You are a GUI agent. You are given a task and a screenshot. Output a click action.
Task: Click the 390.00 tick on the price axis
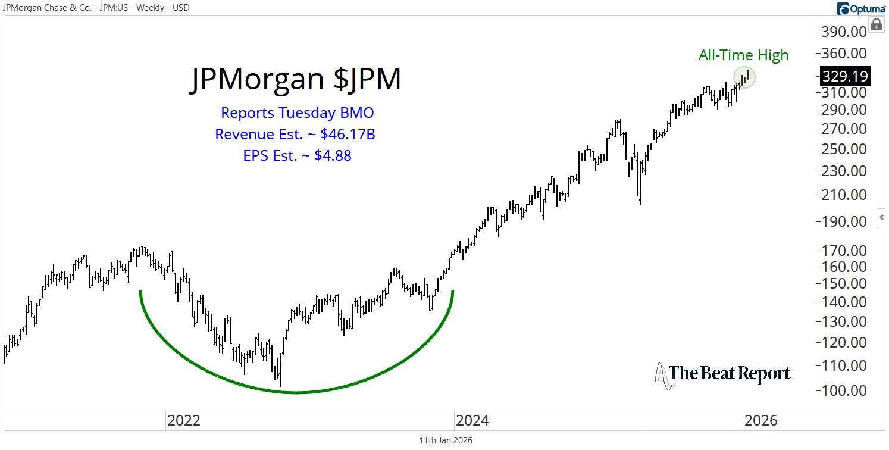coord(844,31)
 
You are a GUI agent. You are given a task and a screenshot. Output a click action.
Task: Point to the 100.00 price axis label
coord(844,390)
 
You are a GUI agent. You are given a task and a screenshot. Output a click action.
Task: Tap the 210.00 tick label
coord(844,195)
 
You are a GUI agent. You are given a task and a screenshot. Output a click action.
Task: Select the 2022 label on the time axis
coord(184,420)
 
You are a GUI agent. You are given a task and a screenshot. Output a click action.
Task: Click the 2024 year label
coord(472,420)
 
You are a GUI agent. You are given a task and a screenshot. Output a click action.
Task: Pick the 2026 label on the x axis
coord(760,420)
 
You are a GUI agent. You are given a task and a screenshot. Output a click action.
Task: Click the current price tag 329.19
coord(845,76)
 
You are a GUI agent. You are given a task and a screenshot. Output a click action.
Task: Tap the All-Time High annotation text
coord(743,55)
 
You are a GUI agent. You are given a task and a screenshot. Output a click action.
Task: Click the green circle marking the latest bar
coord(744,77)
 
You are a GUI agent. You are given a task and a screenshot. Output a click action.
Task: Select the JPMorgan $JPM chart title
coord(296,79)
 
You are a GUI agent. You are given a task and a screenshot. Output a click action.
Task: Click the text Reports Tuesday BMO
coord(297,112)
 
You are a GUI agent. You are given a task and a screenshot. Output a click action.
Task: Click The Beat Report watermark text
coord(730,374)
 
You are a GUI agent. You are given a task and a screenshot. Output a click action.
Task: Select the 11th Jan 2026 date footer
coord(446,440)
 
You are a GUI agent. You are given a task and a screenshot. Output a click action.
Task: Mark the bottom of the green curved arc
coord(296,392)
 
